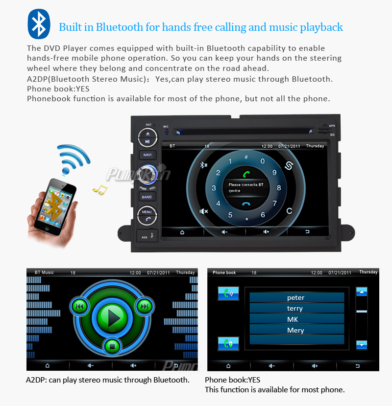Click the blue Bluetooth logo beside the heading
point(39,24)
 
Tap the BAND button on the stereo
point(147,197)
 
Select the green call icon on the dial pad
point(246,174)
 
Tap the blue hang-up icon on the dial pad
point(246,204)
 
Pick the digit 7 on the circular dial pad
point(274,203)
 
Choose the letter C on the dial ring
point(289,211)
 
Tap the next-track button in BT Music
point(145,307)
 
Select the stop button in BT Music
point(112,346)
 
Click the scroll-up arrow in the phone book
point(362,292)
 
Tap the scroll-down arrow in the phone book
point(362,345)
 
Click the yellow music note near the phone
point(100,190)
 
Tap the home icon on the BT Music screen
point(47,365)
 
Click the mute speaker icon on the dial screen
point(204,211)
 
